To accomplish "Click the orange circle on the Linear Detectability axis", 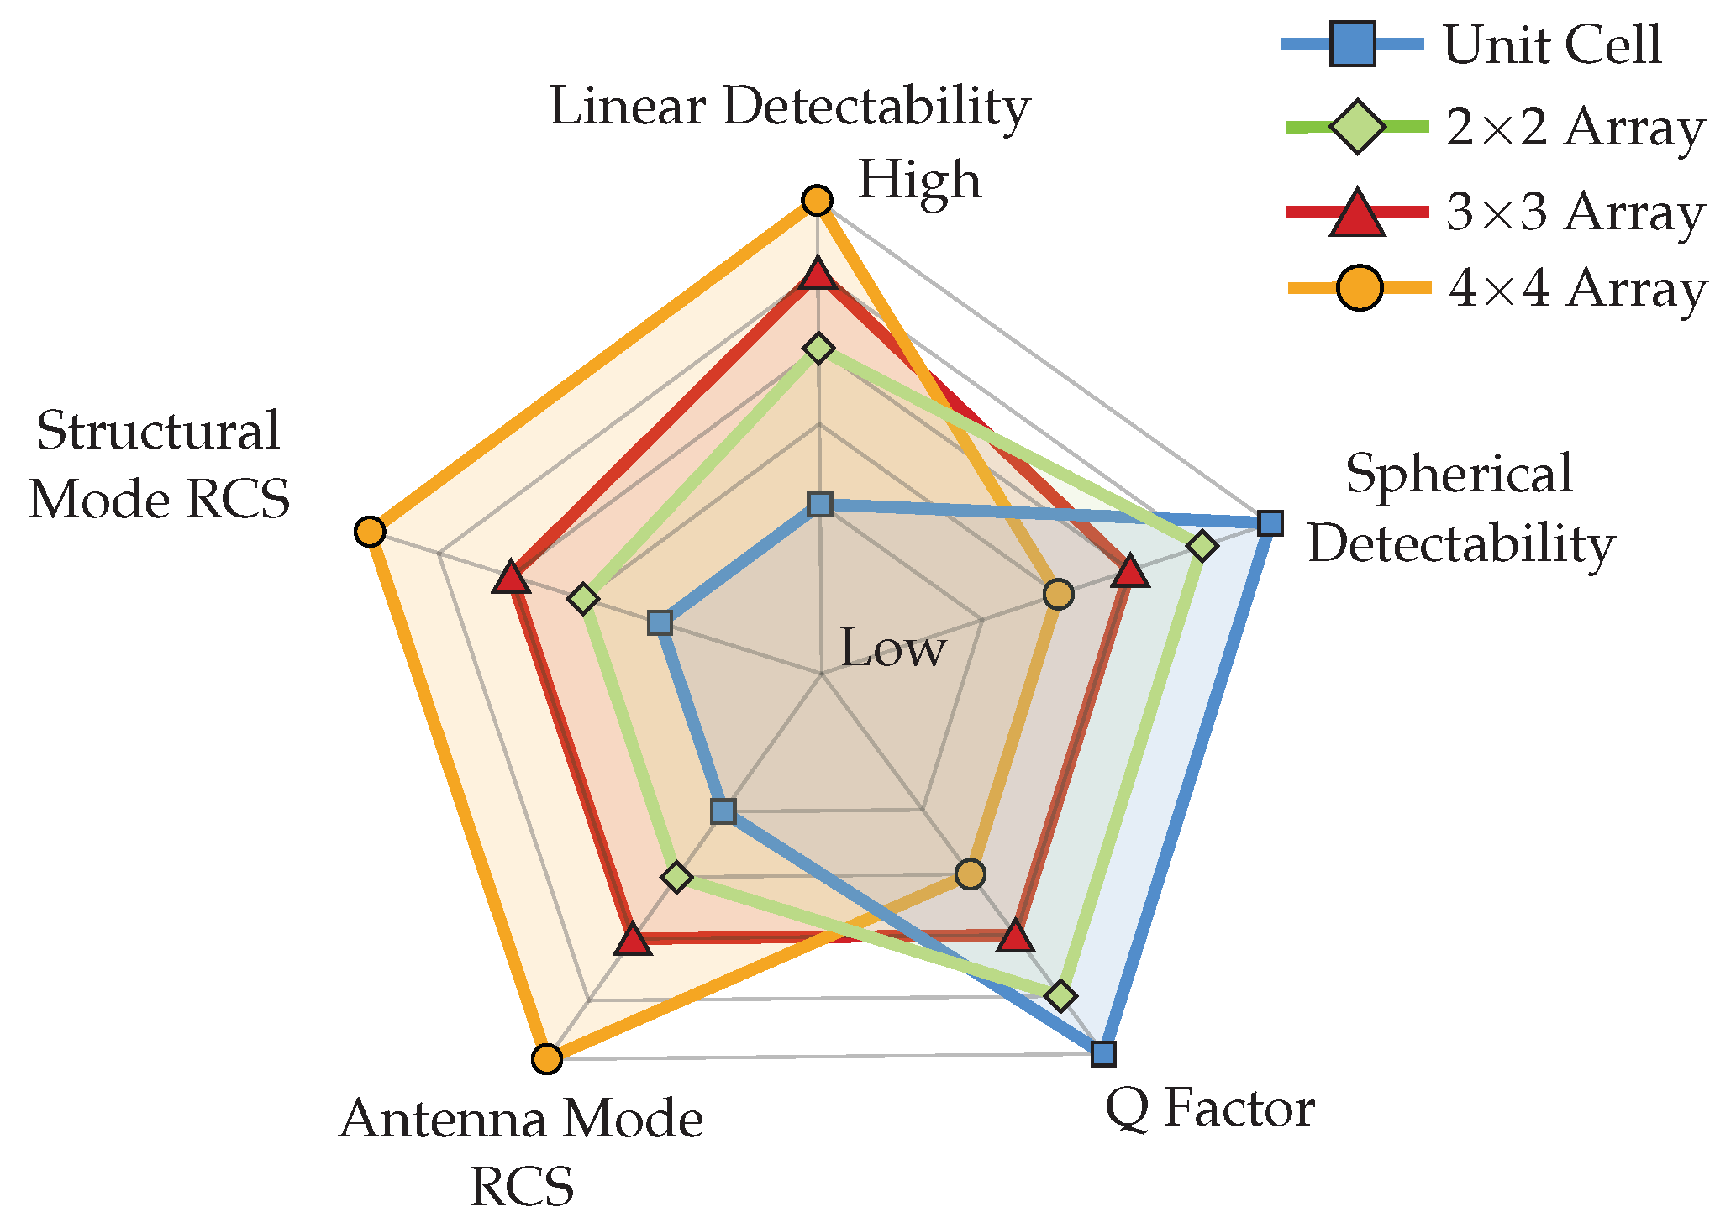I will pyautogui.click(x=817, y=202).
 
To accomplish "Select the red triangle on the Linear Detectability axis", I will pyautogui.click(x=817, y=275).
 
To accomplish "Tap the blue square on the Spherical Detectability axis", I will pyautogui.click(x=1271, y=522).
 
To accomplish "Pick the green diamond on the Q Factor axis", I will pyautogui.click(x=1061, y=995).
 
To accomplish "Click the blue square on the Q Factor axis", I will pyautogui.click(x=1103, y=1053).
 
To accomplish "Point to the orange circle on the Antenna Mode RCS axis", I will pyautogui.click(x=547, y=1058).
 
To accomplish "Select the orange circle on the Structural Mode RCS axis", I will pyautogui.click(x=370, y=532).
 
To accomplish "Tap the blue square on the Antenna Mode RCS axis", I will pyautogui.click(x=723, y=811).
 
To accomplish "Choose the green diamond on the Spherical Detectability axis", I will pyautogui.click(x=1202, y=546).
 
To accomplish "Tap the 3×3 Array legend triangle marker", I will pyautogui.click(x=1357, y=213).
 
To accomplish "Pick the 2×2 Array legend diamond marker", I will pyautogui.click(x=1357, y=128).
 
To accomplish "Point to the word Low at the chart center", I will pyautogui.click(x=893, y=648).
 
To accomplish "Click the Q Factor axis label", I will pyautogui.click(x=1209, y=1110).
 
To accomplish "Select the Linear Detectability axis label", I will pyautogui.click(x=790, y=108).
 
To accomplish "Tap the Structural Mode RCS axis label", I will pyautogui.click(x=159, y=464).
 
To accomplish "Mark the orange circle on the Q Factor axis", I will pyautogui.click(x=971, y=874).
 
